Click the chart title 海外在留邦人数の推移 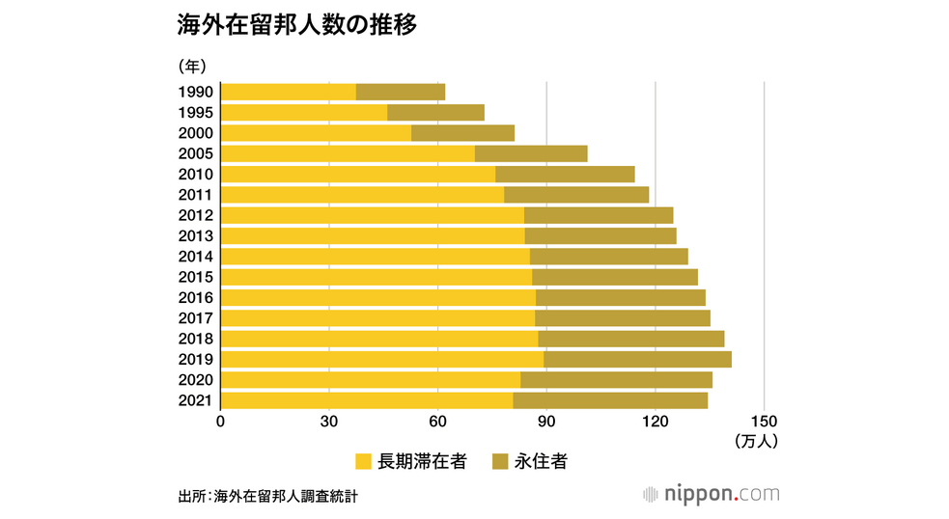tap(297, 27)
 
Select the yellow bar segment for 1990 tap(289, 92)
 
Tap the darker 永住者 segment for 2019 tap(637, 360)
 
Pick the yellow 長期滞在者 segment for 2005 tap(348, 153)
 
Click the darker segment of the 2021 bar tap(610, 400)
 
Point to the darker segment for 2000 tap(462, 133)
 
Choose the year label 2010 tap(196, 175)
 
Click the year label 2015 tap(196, 277)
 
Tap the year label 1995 tap(196, 113)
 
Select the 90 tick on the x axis tap(546, 422)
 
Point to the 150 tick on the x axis tap(764, 422)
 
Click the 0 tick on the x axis tap(221, 422)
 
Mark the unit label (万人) tap(755, 442)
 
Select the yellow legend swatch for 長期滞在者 tap(364, 462)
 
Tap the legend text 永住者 tap(540, 462)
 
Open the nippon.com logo tap(712, 495)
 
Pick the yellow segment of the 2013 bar tap(373, 235)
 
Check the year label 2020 tap(196, 380)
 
